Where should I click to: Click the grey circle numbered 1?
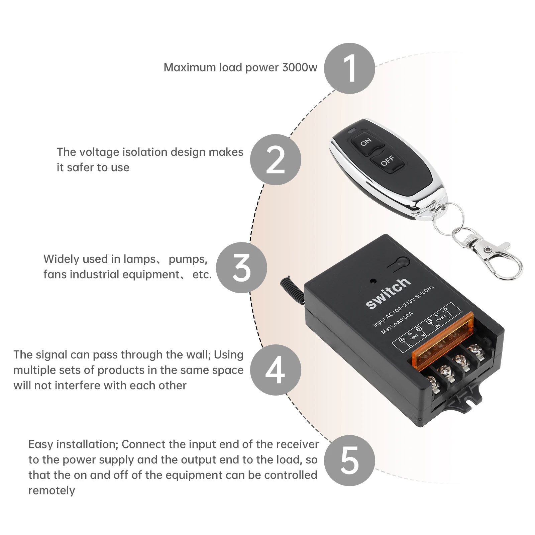point(349,68)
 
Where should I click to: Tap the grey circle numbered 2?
point(276,159)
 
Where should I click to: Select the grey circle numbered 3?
point(241,267)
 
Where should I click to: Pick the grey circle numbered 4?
point(276,370)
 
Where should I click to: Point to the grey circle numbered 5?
point(349,460)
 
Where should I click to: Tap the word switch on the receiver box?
point(388,293)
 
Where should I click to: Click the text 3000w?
point(300,68)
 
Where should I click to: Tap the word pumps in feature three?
point(188,259)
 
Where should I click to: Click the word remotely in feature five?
point(52,491)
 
